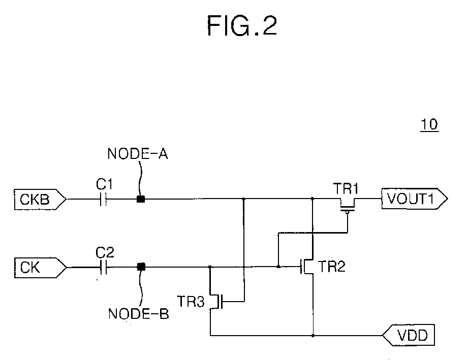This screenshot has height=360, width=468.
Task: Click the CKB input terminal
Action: [40, 199]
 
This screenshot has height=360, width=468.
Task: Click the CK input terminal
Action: [40, 268]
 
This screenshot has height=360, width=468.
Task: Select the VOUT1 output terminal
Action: [415, 199]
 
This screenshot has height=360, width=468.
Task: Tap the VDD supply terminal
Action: [409, 335]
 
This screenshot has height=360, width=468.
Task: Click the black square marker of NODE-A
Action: [141, 199]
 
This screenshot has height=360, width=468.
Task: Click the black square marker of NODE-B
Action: [141, 267]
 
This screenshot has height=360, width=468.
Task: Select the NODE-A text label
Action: [138, 154]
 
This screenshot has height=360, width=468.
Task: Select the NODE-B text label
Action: [139, 314]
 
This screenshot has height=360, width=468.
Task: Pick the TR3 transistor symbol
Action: [216, 302]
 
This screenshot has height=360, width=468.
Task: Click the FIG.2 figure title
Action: [242, 26]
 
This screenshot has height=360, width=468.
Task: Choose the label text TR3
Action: [191, 301]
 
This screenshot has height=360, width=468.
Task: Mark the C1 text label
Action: [104, 184]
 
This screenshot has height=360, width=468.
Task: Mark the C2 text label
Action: [105, 253]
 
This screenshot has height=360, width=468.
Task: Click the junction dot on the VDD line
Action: [313, 336]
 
